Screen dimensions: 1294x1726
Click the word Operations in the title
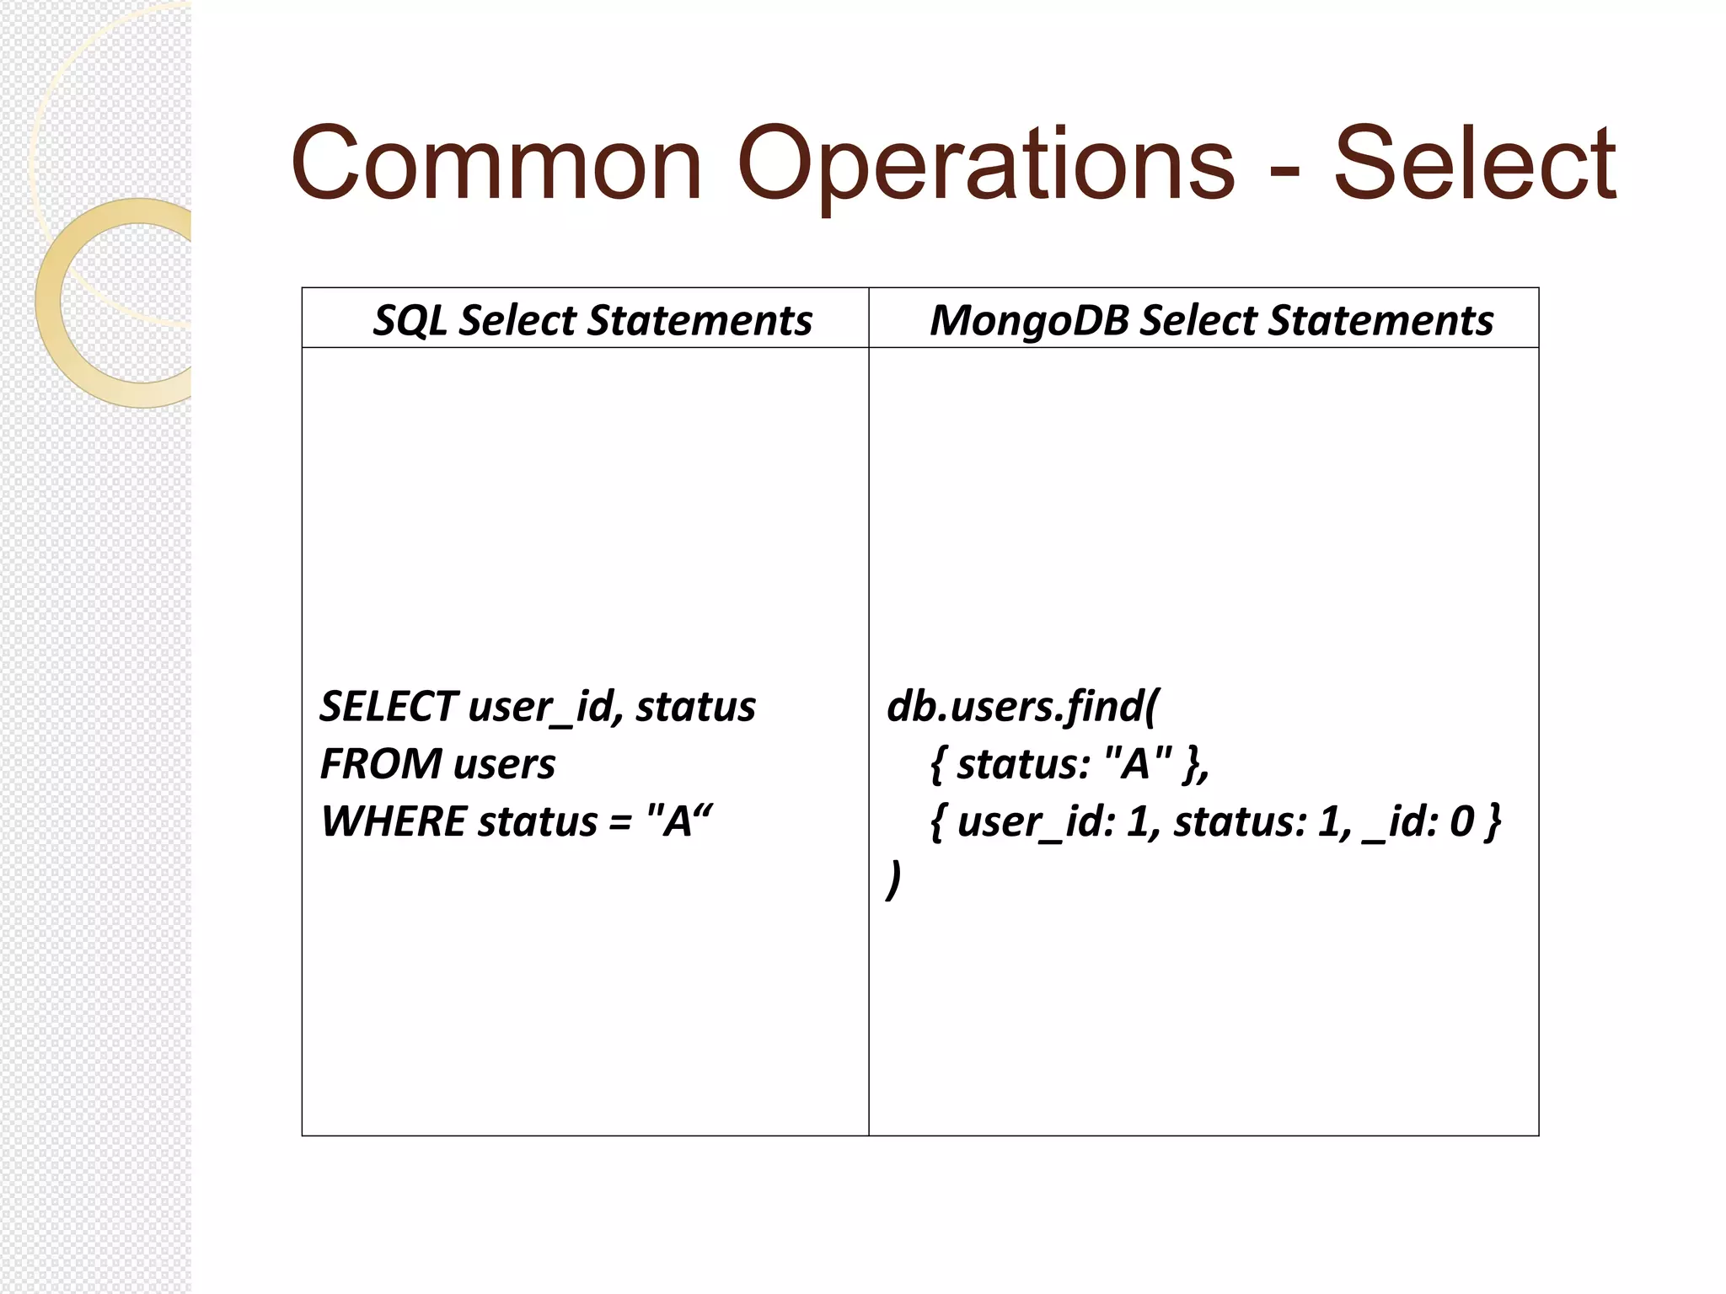(985, 165)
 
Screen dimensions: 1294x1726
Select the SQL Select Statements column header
(592, 320)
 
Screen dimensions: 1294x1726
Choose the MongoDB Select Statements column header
(1211, 320)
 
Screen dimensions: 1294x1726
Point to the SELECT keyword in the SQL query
(388, 706)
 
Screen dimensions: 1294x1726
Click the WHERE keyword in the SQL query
(393, 821)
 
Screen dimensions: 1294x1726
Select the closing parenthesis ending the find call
(894, 880)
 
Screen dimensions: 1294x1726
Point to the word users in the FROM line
(504, 764)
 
